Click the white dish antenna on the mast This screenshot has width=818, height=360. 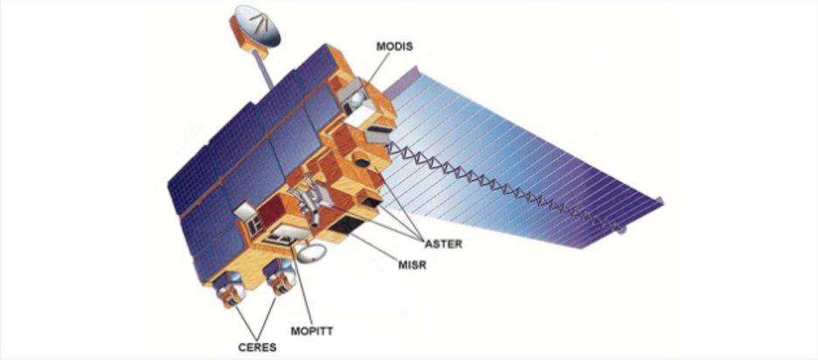point(256,27)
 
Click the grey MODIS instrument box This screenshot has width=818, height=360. point(356,95)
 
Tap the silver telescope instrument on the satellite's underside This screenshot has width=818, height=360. point(307,201)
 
